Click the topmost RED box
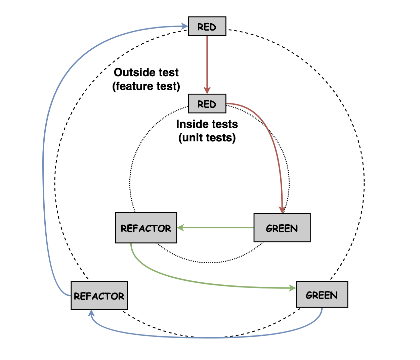pos(207,26)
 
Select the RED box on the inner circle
pos(207,104)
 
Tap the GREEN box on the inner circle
pos(282,228)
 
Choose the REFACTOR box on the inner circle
pos(146,228)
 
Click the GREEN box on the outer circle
pos(322,295)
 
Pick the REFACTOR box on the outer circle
pos(99,296)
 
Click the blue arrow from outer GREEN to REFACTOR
pos(208,337)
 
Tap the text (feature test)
pos(146,86)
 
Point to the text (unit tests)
pos(207,138)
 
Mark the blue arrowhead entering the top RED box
pos(184,26)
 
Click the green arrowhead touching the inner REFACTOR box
pos(180,228)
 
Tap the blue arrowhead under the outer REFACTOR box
pos(91,313)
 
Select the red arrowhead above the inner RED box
pos(207,90)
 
